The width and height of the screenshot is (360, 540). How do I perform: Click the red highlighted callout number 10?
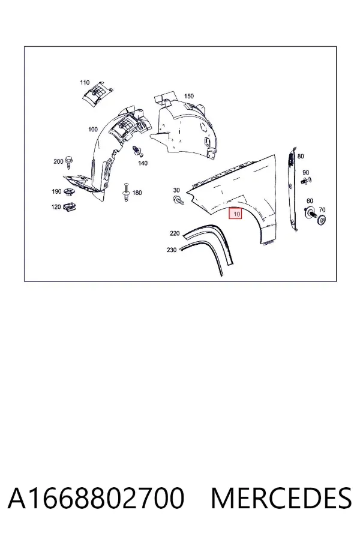(236, 214)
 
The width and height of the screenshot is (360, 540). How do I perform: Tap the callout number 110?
(85, 82)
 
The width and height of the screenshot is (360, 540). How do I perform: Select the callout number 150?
(189, 96)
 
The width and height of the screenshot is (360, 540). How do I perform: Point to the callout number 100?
(93, 129)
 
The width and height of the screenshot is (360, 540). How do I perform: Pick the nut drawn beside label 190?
(68, 193)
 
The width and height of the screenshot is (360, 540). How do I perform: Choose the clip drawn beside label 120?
(70, 206)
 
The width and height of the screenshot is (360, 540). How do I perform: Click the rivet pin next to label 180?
(126, 192)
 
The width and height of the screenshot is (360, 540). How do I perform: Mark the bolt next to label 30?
(179, 200)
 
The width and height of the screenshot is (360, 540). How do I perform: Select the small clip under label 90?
(305, 180)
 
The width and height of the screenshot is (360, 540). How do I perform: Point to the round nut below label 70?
(322, 220)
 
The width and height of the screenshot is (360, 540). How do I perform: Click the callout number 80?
(301, 157)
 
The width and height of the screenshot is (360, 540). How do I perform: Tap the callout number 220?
(175, 233)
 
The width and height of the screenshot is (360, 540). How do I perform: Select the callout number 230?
(172, 250)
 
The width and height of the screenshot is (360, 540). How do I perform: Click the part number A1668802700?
(96, 498)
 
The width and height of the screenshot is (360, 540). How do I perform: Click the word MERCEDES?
(281, 498)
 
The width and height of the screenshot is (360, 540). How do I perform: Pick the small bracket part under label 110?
(97, 93)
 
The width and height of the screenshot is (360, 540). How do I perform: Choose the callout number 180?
(137, 193)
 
